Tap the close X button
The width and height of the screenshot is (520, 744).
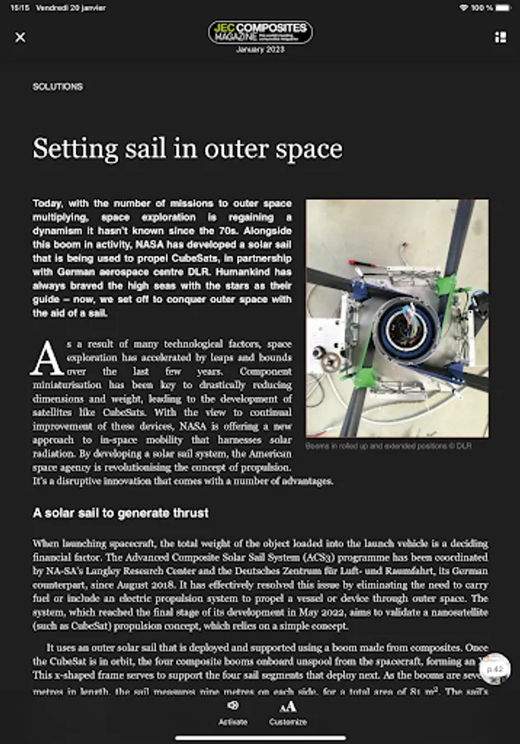click(21, 37)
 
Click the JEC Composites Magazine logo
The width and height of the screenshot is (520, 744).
click(260, 32)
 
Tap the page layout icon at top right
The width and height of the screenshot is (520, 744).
click(499, 37)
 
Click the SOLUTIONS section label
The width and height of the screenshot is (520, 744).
click(58, 87)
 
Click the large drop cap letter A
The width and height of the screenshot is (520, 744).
click(46, 358)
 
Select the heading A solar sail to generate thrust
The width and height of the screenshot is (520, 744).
click(121, 513)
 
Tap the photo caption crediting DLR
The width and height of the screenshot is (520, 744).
click(389, 446)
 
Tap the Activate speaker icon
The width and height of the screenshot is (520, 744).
click(232, 706)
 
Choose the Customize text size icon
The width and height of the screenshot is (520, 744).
click(288, 706)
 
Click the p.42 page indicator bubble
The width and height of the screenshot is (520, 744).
click(495, 668)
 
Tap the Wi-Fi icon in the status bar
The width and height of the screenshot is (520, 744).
click(464, 7)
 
